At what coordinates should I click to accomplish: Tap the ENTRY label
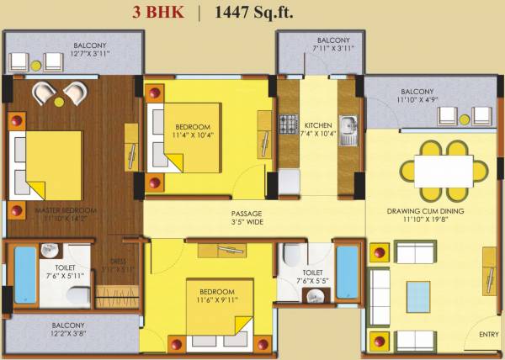[x=487, y=335]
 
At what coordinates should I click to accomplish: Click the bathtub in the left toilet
[x=25, y=274]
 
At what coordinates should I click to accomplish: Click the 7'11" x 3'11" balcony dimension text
[x=333, y=49]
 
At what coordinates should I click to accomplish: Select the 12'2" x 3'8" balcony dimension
[x=68, y=335]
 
